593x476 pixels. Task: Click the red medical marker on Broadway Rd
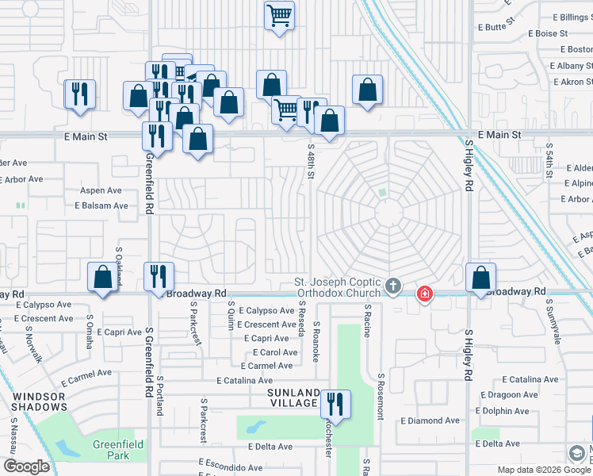tap(426, 295)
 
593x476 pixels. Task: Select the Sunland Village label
tap(293, 398)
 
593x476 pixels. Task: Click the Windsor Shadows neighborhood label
tap(39, 401)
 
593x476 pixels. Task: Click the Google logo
tap(27, 466)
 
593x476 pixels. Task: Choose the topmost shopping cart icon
tap(279, 16)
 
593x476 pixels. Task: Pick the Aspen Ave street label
tap(101, 191)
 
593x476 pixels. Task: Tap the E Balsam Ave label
tap(101, 205)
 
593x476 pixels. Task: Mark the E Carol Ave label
tap(274, 352)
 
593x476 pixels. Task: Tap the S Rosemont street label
tap(381, 396)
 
